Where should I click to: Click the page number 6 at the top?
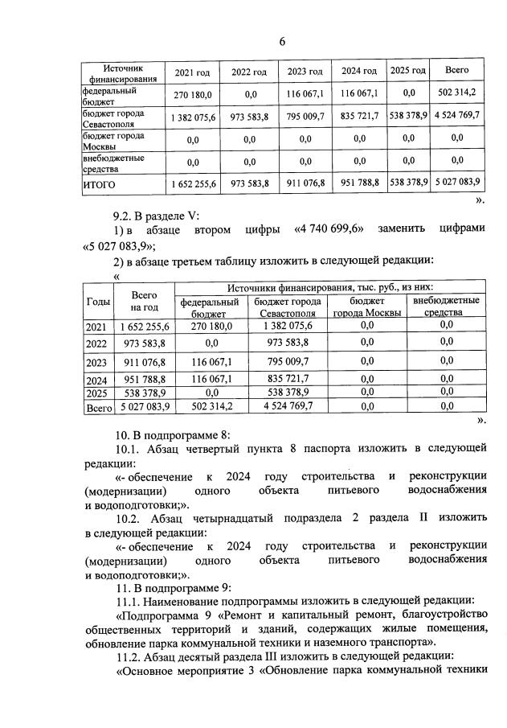coord(282,42)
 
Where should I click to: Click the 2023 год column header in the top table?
coord(305,72)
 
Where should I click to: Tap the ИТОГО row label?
coord(100,184)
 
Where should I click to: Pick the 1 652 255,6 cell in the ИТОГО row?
coord(194,184)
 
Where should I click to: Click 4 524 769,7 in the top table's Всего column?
coord(456,116)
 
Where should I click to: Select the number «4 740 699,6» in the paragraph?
coord(329,230)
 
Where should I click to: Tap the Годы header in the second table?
coord(98,301)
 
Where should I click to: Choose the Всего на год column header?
coord(145,301)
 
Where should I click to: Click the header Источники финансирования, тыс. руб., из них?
coord(330,287)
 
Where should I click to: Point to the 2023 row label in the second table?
coord(96,363)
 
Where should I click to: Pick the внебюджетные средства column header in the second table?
coord(446,306)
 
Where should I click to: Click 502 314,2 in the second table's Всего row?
coord(210,407)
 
